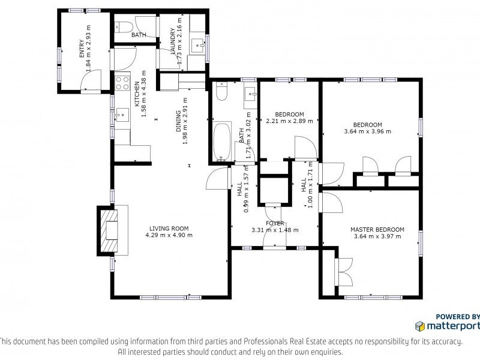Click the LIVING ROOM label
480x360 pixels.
click(169, 229)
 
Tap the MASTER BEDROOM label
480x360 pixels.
click(377, 230)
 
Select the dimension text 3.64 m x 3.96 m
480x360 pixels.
click(368, 131)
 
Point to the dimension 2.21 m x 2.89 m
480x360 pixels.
click(290, 121)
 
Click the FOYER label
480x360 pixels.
click(275, 223)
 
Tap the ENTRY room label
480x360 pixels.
click(82, 49)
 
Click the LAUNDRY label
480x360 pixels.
click(173, 41)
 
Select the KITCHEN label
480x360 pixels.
click(137, 94)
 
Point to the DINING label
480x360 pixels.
click(178, 121)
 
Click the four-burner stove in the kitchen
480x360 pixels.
click(122, 83)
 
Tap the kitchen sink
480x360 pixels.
click(122, 115)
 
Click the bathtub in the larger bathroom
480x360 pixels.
click(222, 141)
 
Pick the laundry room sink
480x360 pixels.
click(197, 46)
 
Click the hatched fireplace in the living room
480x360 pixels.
click(108, 231)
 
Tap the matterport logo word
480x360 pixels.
click(453, 326)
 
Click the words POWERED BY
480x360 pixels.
click(458, 317)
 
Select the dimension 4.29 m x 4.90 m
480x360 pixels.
click(169, 235)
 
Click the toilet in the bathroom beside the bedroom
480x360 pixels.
click(221, 91)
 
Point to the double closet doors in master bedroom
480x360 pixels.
click(344, 272)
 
